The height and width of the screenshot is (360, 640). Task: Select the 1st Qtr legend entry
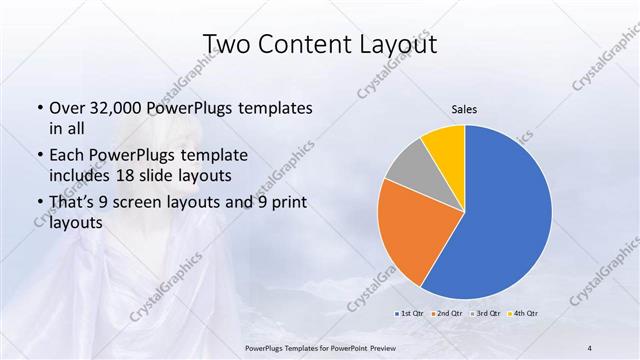point(409,313)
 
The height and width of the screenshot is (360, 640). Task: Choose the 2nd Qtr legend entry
point(448,313)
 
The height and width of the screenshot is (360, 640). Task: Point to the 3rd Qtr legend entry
point(486,313)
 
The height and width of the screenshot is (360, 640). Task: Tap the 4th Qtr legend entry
point(524,313)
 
